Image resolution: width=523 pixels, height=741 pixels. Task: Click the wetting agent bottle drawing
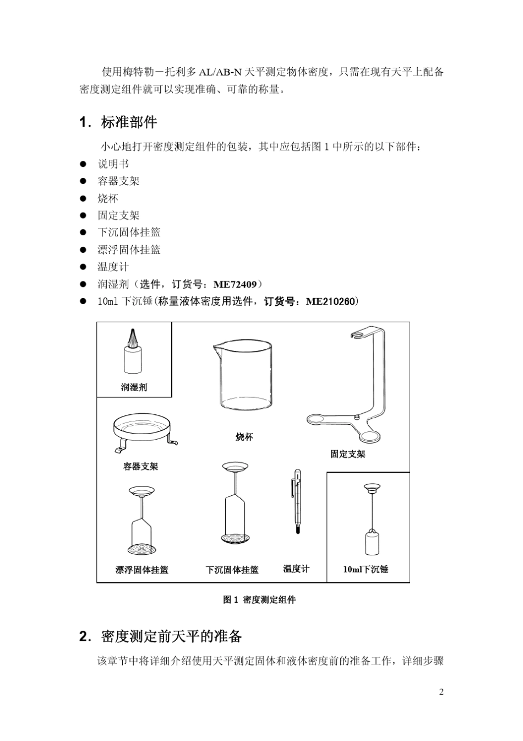click(x=132, y=354)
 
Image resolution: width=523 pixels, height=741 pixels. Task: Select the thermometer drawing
click(x=297, y=501)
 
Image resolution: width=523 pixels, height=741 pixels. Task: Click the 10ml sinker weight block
click(x=372, y=543)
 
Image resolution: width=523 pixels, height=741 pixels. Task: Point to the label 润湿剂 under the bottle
click(x=134, y=387)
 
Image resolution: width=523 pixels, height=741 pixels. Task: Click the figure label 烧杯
click(x=244, y=437)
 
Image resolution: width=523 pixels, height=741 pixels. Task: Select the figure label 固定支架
click(x=347, y=454)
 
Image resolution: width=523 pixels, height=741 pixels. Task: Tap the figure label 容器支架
click(x=140, y=466)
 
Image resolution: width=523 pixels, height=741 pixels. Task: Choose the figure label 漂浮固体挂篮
click(x=142, y=570)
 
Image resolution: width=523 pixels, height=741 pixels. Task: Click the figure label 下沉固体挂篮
click(x=232, y=570)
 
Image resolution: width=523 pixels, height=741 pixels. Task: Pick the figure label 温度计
click(x=296, y=569)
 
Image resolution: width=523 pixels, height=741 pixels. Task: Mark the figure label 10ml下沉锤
click(x=366, y=569)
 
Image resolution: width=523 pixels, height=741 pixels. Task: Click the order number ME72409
click(x=235, y=284)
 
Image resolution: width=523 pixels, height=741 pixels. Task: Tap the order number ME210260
click(x=331, y=301)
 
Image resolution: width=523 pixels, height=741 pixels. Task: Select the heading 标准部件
click(x=129, y=122)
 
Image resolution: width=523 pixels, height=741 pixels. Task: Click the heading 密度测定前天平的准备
click(x=172, y=636)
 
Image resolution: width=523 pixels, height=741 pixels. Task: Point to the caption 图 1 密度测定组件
click(x=259, y=599)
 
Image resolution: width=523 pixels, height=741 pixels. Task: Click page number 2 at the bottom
click(x=442, y=692)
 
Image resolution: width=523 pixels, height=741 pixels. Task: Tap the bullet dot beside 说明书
click(x=84, y=164)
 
